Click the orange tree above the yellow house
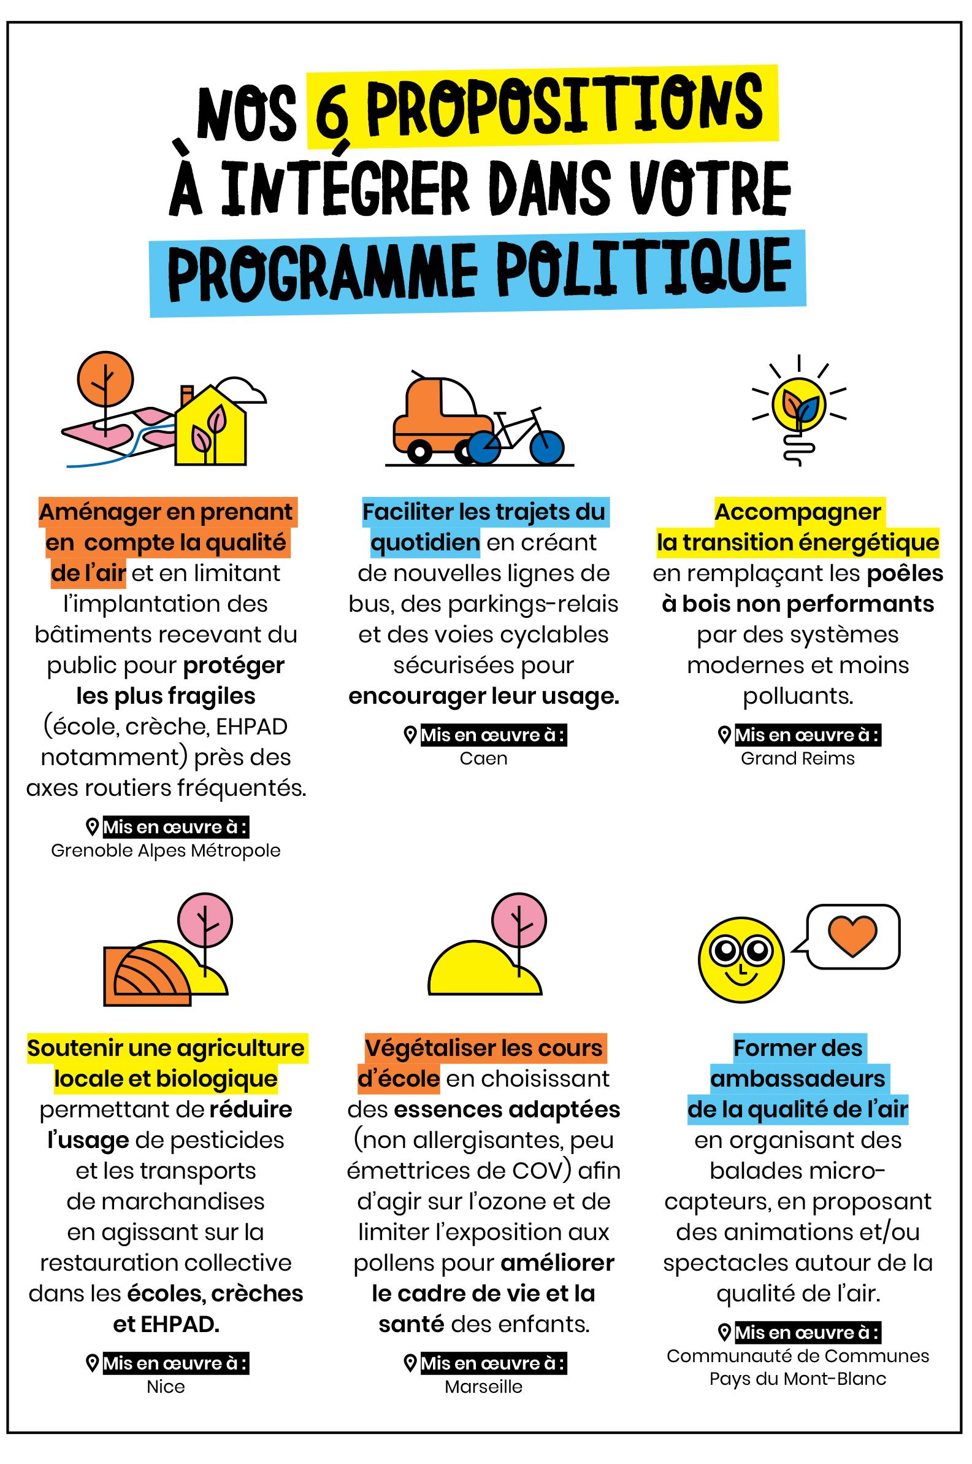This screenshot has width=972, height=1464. [105, 379]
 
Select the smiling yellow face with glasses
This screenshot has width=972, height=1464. [741, 958]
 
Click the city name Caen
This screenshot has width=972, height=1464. [483, 758]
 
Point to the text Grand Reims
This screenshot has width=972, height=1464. [798, 758]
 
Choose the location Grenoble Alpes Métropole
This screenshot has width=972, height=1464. [166, 850]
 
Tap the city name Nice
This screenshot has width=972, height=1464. [166, 1387]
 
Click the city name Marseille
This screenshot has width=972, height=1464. [483, 1387]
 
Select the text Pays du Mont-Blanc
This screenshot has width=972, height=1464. [798, 1379]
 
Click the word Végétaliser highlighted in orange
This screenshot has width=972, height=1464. [428, 1048]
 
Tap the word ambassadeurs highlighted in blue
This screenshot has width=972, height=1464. [798, 1078]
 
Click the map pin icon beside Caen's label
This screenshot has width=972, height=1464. [409, 736]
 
